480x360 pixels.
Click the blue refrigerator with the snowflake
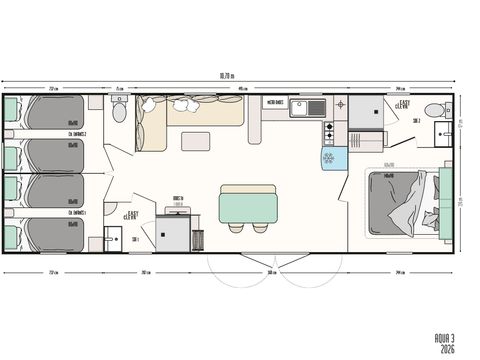coord(333,157)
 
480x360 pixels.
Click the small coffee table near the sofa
coord(195,140)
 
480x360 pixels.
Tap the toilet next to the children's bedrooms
coord(119,111)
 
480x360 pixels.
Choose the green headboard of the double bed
coord(449,203)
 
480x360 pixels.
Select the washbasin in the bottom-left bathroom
coord(109,240)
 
